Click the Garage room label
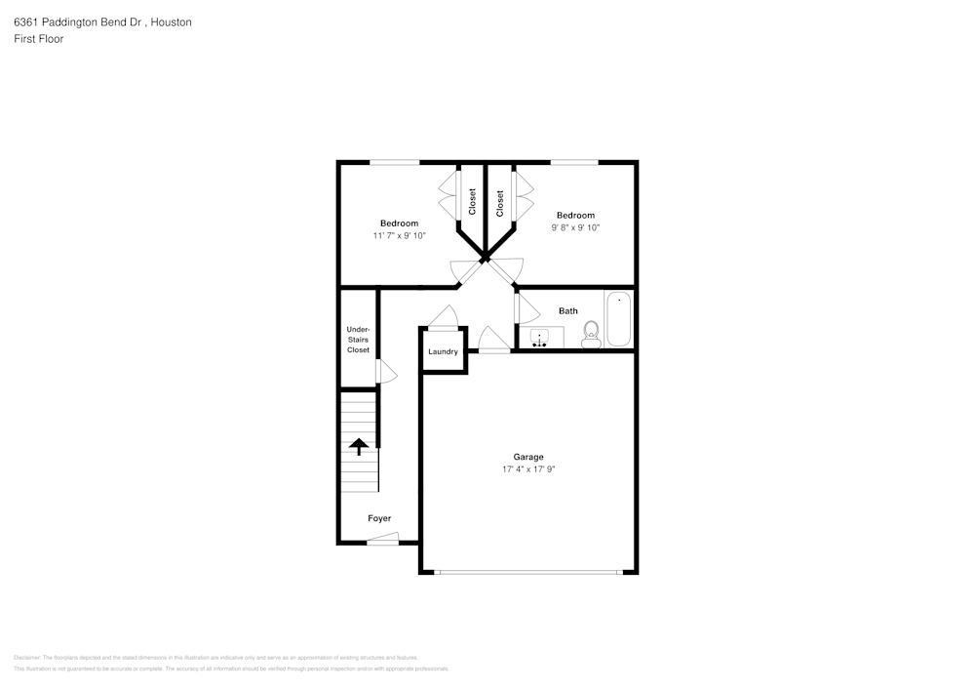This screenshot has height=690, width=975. (528, 457)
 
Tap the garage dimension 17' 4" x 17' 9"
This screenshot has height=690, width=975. (528, 469)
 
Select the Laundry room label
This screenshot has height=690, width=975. (443, 351)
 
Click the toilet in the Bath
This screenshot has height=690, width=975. (590, 335)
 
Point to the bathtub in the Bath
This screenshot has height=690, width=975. (618, 318)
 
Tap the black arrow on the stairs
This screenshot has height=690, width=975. (359, 447)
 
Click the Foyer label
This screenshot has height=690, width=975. (379, 518)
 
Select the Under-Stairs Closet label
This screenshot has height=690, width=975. (358, 340)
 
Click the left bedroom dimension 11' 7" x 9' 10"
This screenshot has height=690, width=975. (399, 236)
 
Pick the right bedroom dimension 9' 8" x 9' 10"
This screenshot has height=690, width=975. (575, 227)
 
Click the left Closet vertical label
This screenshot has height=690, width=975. (472, 202)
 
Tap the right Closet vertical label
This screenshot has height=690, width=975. (500, 202)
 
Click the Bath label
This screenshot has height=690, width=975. (567, 311)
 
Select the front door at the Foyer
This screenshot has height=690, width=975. (383, 541)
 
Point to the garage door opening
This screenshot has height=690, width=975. (527, 572)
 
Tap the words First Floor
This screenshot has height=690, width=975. (38, 39)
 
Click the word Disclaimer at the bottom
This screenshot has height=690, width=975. (26, 658)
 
